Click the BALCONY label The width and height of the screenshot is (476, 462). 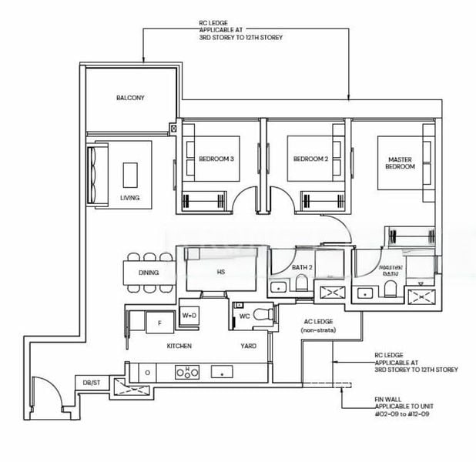point(130,98)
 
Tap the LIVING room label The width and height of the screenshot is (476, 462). point(130,198)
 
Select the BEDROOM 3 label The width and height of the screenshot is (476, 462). point(216,159)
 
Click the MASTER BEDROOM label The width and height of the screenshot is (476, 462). point(401,162)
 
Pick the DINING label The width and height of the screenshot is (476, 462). point(149,273)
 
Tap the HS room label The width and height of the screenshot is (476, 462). point(221,272)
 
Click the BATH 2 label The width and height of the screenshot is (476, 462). point(302,267)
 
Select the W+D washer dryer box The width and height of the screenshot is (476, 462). point(189,316)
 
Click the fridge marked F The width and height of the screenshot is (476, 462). point(159,324)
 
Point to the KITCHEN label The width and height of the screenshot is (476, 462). point(179,346)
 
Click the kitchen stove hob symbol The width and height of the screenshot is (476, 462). point(184,372)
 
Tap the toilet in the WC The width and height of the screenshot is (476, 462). point(262,316)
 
